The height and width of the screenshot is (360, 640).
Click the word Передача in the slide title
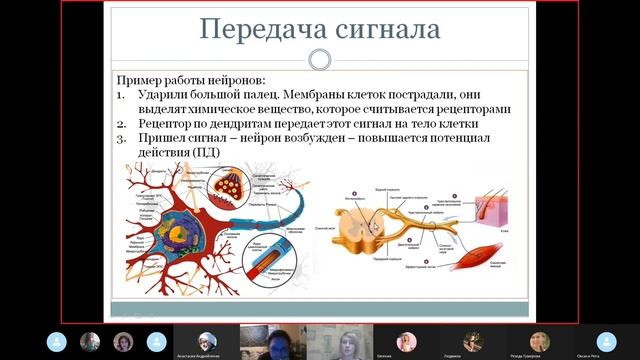tap(255, 29)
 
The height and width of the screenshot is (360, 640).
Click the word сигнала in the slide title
tap(383, 29)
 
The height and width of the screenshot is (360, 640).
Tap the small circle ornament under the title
tap(320, 60)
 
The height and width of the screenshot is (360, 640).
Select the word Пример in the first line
tap(138, 80)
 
